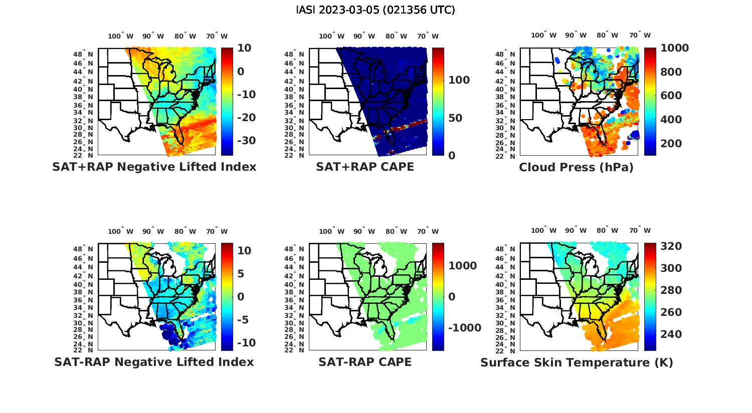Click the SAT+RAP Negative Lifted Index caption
pos(154,167)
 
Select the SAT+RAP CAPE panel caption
pos(365,167)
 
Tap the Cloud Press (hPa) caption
pos(576,167)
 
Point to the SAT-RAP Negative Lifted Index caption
pos(154,362)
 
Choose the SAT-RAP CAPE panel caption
pos(365,362)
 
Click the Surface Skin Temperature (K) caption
pos(577,362)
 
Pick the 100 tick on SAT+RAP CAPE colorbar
pos(459,80)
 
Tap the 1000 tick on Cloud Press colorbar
pos(675,48)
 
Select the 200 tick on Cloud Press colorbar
pos(671,144)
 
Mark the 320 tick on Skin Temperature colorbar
pos(671,246)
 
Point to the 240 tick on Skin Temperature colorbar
pos(671,334)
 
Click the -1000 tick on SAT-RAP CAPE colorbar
pos(465,328)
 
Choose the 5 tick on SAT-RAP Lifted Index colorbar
pos(240,274)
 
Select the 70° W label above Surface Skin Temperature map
pos(640,231)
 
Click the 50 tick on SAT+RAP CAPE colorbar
pos(455,118)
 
